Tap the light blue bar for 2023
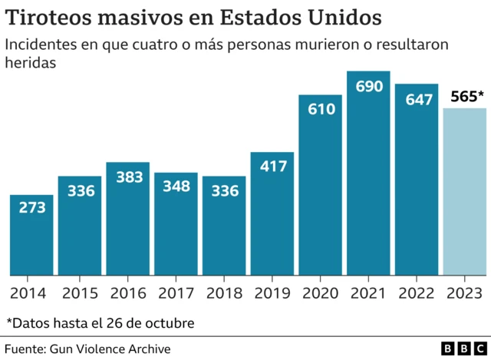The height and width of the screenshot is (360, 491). (465, 192)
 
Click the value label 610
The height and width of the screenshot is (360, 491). (321, 109)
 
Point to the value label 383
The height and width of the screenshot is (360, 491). (127, 177)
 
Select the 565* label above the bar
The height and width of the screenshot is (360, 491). (465, 97)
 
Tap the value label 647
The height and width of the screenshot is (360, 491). (417, 99)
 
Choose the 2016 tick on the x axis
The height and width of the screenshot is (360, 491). (127, 293)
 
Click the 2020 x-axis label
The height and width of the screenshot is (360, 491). (321, 293)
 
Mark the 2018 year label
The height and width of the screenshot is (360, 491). (224, 293)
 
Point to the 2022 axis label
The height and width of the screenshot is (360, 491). (417, 293)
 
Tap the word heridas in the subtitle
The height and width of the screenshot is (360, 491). (31, 64)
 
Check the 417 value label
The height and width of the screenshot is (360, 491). (272, 167)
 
